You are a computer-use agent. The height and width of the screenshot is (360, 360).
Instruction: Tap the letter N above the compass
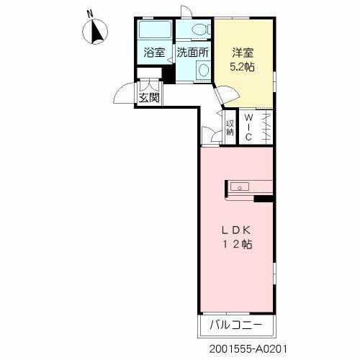pyautogui.click(x=89, y=13)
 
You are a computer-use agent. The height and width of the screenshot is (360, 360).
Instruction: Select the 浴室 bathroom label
pyautogui.click(x=154, y=53)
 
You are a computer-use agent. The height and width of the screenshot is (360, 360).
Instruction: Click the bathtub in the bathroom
pyautogui.click(x=153, y=31)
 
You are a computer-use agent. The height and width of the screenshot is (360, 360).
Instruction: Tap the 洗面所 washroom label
pyautogui.click(x=193, y=53)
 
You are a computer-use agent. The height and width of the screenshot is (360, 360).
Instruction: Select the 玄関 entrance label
pyautogui.click(x=149, y=97)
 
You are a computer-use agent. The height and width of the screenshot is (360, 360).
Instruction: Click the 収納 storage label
pyautogui.click(x=230, y=127)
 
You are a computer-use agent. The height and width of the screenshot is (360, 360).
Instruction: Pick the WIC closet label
pyautogui.click(x=248, y=127)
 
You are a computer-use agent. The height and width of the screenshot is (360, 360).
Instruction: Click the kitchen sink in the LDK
pyautogui.click(x=239, y=187)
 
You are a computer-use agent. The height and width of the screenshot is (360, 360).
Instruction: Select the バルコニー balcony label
pyautogui.click(x=236, y=325)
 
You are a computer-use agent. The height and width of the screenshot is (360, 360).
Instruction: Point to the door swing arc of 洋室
pyautogui.click(x=225, y=94)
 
